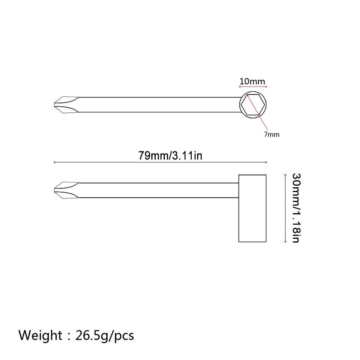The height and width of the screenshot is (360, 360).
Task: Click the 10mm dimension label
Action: tap(252, 81)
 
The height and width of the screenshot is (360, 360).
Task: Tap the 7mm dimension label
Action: tap(272, 134)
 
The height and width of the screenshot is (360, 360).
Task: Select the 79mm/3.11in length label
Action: tap(170, 155)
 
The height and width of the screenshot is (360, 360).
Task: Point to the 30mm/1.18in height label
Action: tap(296, 208)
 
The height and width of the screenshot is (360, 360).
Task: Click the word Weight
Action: tap(40, 335)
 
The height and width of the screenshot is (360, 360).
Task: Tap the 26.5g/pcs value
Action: tap(104, 336)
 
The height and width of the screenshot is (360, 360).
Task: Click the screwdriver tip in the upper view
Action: tap(66, 105)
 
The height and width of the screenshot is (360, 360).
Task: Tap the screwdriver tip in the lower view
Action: tap(66, 190)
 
